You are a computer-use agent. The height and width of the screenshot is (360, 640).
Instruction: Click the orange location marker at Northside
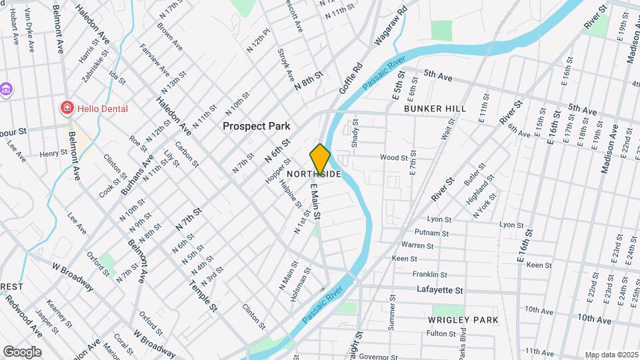[320, 159]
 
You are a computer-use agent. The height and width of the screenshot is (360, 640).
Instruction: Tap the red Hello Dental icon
[67, 108]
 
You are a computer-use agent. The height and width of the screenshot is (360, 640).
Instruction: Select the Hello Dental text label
[102, 109]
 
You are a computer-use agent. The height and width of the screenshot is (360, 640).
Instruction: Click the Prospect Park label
[256, 125]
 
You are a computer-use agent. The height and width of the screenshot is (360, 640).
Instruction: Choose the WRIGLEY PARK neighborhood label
[463, 320]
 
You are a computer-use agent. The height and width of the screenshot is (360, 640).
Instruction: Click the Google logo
[22, 351]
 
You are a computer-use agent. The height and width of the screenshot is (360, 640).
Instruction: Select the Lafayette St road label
[439, 290]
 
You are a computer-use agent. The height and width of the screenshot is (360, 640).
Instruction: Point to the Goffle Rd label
[349, 78]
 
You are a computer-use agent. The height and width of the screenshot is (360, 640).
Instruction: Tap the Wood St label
[393, 158]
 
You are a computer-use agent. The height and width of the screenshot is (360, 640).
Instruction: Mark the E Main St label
[316, 203]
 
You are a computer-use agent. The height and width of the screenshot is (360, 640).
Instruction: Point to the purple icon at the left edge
[5, 89]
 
